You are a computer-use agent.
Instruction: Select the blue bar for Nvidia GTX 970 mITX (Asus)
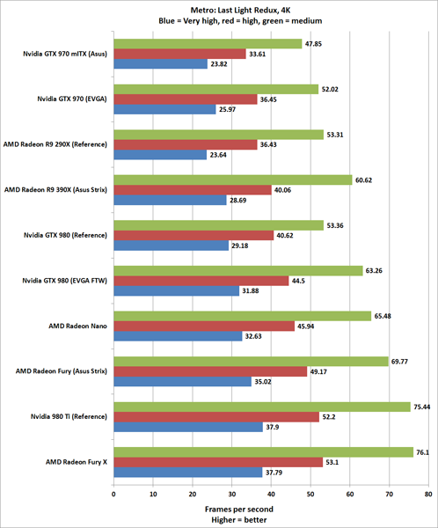pos(159,64)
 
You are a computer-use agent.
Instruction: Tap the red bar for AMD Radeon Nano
pos(203,326)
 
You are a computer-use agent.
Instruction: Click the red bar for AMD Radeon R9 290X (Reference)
pos(185,144)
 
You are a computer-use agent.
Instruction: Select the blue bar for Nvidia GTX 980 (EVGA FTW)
pos(175,291)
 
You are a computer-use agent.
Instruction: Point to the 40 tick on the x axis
pos(271,494)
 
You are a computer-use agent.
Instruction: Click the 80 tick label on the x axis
pos(428,494)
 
